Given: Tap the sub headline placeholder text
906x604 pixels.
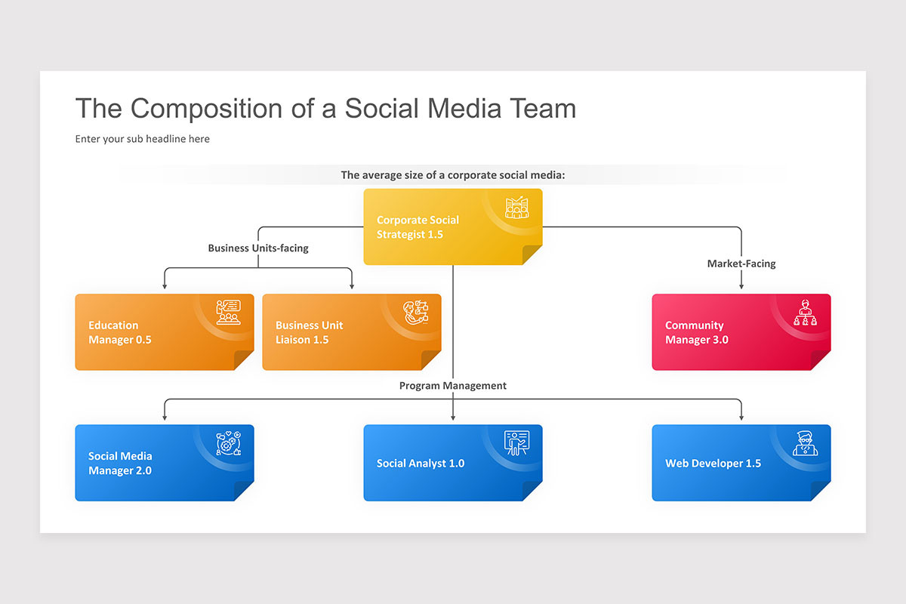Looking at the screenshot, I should tap(142, 139).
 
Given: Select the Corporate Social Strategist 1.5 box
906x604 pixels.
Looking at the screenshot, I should tap(452, 226).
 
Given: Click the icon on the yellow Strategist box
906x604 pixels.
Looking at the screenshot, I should tap(516, 208).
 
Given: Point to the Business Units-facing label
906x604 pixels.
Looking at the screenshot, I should tap(258, 248).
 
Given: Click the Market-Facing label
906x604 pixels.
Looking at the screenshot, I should tap(741, 263).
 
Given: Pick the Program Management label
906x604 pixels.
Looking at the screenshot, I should tap(452, 385).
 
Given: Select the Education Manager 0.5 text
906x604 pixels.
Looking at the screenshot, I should tap(119, 332).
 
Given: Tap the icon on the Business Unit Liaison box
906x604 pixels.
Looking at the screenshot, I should tap(415, 312).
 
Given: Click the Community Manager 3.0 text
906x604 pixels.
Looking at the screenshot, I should tap(696, 332).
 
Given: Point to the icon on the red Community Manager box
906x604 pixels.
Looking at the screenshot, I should tap(805, 312).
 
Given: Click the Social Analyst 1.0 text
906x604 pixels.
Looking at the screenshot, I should tap(421, 463).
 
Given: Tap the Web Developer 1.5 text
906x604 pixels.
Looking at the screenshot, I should tap(713, 463).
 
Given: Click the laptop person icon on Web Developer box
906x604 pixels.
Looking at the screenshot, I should tap(805, 443).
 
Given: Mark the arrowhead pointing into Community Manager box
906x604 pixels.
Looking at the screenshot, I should tap(741, 286).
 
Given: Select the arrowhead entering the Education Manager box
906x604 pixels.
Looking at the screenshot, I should tap(165, 286).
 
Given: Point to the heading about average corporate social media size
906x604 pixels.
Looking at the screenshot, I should tap(452, 175).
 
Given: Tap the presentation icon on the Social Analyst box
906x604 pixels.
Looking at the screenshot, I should tap(516, 443).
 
